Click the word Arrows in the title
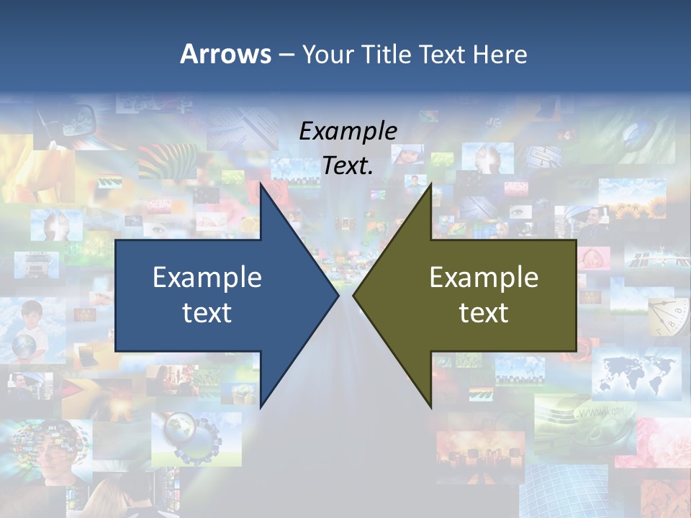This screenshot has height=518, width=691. point(225,54)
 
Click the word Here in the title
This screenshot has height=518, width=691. point(500,55)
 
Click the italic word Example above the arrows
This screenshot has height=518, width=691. point(348,132)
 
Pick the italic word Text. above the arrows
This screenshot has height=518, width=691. point(348,166)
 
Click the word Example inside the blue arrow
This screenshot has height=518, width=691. point(207,278)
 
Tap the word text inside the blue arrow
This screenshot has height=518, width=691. point(207,313)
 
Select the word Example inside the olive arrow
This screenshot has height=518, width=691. point(484,278)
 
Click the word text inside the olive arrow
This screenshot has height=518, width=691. point(484,313)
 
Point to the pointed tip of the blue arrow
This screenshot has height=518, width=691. point(338,295)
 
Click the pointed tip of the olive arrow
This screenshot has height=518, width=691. point(354,295)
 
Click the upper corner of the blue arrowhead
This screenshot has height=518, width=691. point(261,183)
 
